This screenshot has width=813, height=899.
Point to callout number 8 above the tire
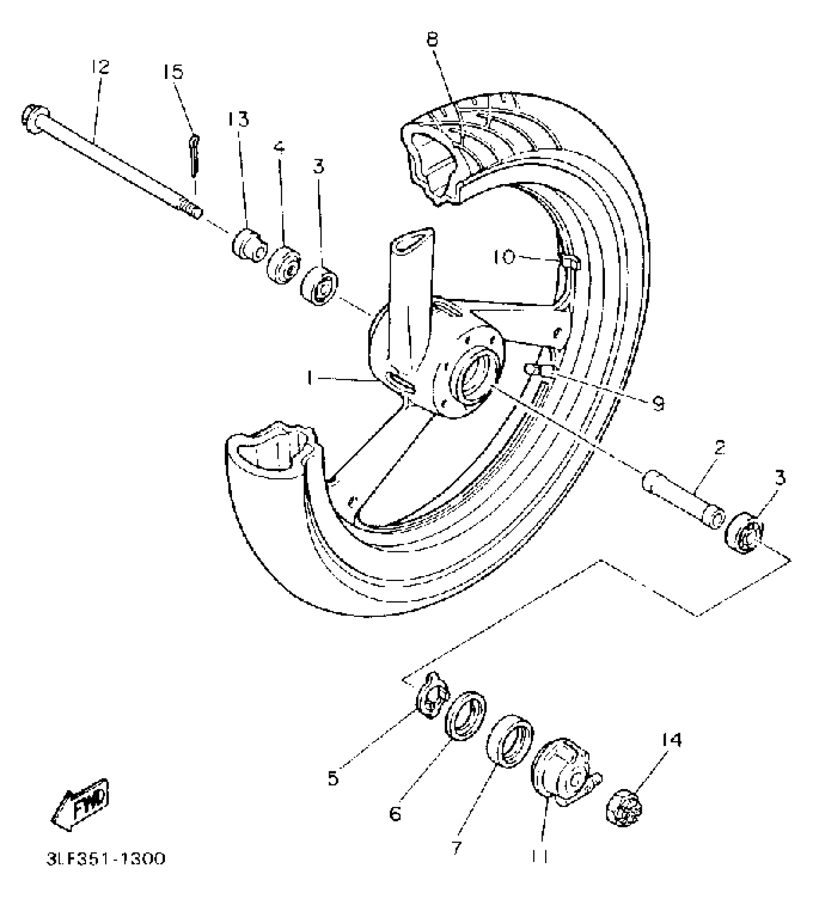pyautogui.click(x=432, y=39)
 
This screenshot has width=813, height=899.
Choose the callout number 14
pyautogui.click(x=671, y=741)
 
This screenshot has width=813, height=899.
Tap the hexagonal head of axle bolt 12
pyautogui.click(x=32, y=116)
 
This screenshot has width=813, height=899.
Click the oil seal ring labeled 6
pyautogui.click(x=465, y=714)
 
